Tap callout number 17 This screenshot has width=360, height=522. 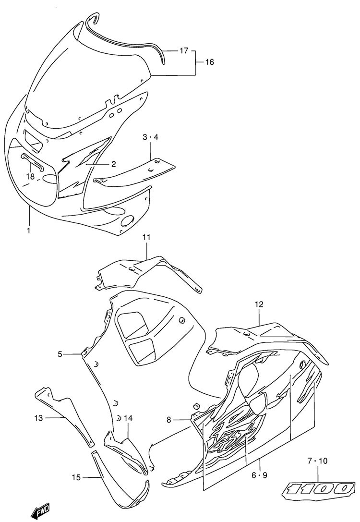(184, 51)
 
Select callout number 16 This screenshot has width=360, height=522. (209, 62)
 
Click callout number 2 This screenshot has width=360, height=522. (113, 164)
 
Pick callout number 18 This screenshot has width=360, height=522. (30, 176)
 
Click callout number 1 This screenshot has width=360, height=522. (29, 231)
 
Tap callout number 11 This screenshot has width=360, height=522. (146, 237)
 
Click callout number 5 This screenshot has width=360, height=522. (60, 354)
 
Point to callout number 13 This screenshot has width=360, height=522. (38, 418)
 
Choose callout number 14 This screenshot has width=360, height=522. (128, 418)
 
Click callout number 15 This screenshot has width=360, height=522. (76, 478)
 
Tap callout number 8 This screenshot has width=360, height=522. (169, 420)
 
